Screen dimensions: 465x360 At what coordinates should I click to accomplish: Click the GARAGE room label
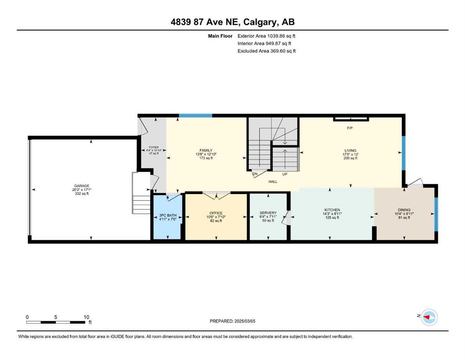[x=81, y=186]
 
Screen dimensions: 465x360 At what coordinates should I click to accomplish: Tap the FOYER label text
[x=154, y=147]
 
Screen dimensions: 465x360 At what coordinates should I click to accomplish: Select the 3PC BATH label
[x=168, y=215]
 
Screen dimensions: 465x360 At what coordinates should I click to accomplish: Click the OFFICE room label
[x=216, y=213]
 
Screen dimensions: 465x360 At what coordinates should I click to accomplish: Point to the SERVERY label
[x=268, y=213]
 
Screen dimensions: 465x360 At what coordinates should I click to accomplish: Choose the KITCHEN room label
[x=332, y=210]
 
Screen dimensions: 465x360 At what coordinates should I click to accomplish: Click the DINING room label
[x=404, y=210]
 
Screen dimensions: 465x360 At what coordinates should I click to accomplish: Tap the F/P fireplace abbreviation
[x=350, y=128]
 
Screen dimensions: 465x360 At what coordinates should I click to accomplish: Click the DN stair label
[x=255, y=174]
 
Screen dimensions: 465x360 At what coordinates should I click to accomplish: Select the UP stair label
[x=285, y=174]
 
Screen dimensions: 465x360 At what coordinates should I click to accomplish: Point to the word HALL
[x=273, y=181]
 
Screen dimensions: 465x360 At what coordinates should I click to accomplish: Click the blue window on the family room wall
[x=195, y=115]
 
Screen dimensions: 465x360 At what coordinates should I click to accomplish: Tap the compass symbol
[x=429, y=317]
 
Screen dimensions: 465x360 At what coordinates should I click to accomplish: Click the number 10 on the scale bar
[x=86, y=317]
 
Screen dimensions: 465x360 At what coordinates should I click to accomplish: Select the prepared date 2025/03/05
[x=244, y=321]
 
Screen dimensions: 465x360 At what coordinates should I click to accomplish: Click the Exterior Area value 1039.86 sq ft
[x=281, y=36]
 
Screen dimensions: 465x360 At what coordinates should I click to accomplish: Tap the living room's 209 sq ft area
[x=350, y=158]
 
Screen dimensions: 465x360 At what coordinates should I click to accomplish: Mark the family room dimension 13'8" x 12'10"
[x=206, y=154]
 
